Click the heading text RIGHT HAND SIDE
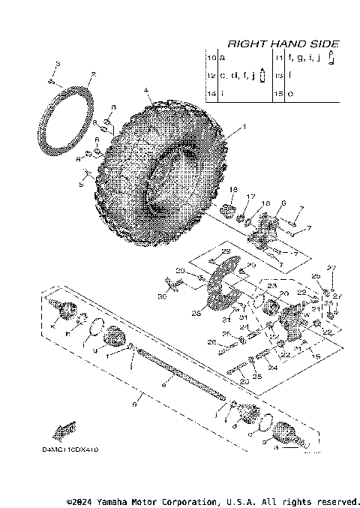point(283,44)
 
